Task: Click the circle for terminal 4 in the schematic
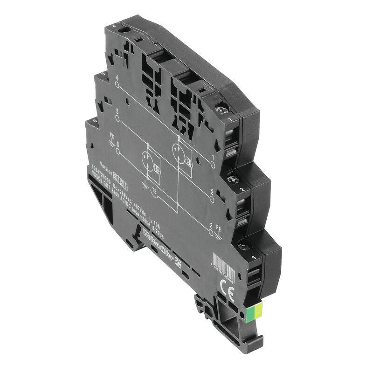click(117, 85)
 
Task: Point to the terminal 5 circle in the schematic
click(117, 118)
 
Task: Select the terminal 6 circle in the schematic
click(117, 151)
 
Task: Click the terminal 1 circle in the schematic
click(213, 165)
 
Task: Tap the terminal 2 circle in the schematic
click(213, 198)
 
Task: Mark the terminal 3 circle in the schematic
click(213, 231)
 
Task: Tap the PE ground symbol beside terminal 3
click(220, 235)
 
